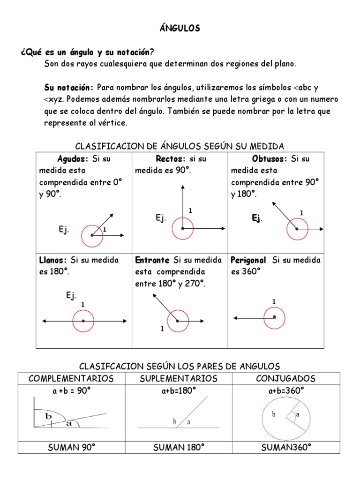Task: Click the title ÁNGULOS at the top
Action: tap(180, 29)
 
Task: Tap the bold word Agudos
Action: tap(73, 158)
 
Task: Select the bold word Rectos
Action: tap(171, 158)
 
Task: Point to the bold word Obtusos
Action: tap(269, 158)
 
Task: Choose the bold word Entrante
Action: tap(152, 260)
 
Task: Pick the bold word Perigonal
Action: tap(248, 260)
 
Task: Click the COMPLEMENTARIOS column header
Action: tap(71, 378)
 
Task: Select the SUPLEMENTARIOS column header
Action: tap(179, 378)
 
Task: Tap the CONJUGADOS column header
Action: tap(286, 378)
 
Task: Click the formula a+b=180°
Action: tap(179, 390)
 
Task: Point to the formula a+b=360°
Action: tap(286, 390)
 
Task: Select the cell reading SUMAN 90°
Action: tap(71, 447)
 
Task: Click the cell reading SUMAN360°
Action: tap(286, 447)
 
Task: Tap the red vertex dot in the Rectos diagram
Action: tap(182, 228)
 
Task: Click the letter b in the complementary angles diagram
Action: tap(48, 416)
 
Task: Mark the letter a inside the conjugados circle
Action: tap(298, 415)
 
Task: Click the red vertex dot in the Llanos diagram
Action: tap(83, 321)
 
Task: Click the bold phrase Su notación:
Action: tap(69, 88)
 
